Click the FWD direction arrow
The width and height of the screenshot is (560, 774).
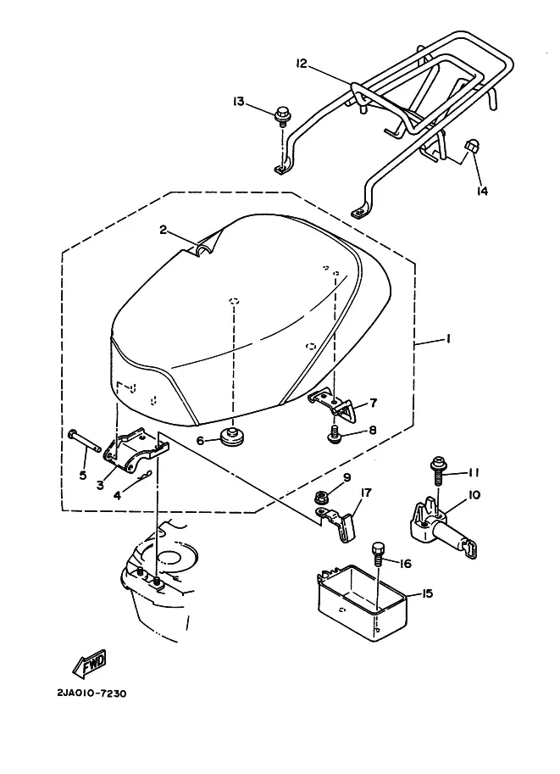tap(89, 664)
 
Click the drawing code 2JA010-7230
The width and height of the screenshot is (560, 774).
tap(91, 693)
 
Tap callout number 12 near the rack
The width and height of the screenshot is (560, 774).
tap(302, 64)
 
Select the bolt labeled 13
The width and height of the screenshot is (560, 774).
tap(282, 116)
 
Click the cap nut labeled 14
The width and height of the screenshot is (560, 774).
tap(469, 147)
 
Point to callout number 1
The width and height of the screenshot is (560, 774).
tap(447, 339)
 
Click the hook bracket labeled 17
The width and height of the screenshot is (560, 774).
tap(340, 524)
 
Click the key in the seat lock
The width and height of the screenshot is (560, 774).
tap(471, 548)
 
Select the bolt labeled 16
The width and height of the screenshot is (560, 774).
tap(378, 554)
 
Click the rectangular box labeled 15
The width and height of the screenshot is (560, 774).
tap(362, 604)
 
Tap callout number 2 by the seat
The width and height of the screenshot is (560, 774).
tap(164, 230)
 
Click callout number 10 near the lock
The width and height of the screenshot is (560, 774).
tap(474, 494)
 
